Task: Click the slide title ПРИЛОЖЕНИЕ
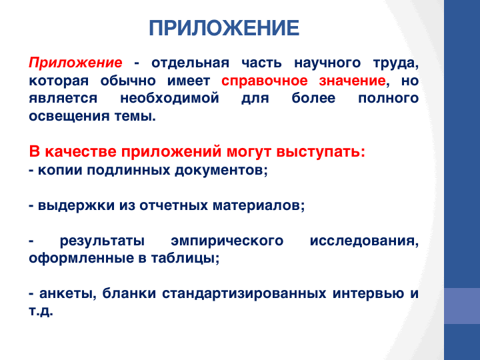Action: pyautogui.click(x=224, y=28)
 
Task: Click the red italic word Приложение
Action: pyautogui.click(x=75, y=63)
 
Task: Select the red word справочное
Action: pyautogui.click(x=265, y=81)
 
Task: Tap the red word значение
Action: pyautogui.click(x=352, y=81)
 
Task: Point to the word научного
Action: pyautogui.click(x=327, y=63)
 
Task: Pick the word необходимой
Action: pyautogui.click(x=169, y=99)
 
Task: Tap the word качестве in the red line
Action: pyautogui.click(x=81, y=152)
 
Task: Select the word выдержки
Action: pyautogui.click(x=76, y=205)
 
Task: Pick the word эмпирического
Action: pyautogui.click(x=227, y=241)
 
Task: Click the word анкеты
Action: pyautogui.click(x=65, y=293)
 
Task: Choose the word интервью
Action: pyautogui.click(x=368, y=293)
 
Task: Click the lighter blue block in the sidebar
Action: pyautogui.click(x=462, y=306)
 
